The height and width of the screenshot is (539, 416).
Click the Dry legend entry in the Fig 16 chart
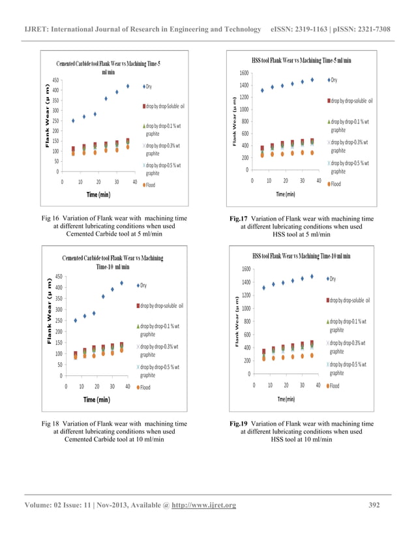[149, 86]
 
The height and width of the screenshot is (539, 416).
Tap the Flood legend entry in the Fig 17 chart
[334, 184]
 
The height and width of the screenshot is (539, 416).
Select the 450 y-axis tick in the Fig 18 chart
[57, 277]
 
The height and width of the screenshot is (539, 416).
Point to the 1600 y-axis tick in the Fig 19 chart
[245, 269]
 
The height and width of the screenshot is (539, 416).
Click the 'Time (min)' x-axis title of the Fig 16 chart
[98, 194]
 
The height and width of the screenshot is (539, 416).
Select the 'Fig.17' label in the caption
[235, 219]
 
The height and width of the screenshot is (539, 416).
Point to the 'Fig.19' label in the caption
[235, 423]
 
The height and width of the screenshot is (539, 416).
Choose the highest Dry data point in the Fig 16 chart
[128, 86]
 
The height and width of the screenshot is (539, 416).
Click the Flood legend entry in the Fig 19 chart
[334, 386]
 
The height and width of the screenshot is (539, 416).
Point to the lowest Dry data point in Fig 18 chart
[76, 320]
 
